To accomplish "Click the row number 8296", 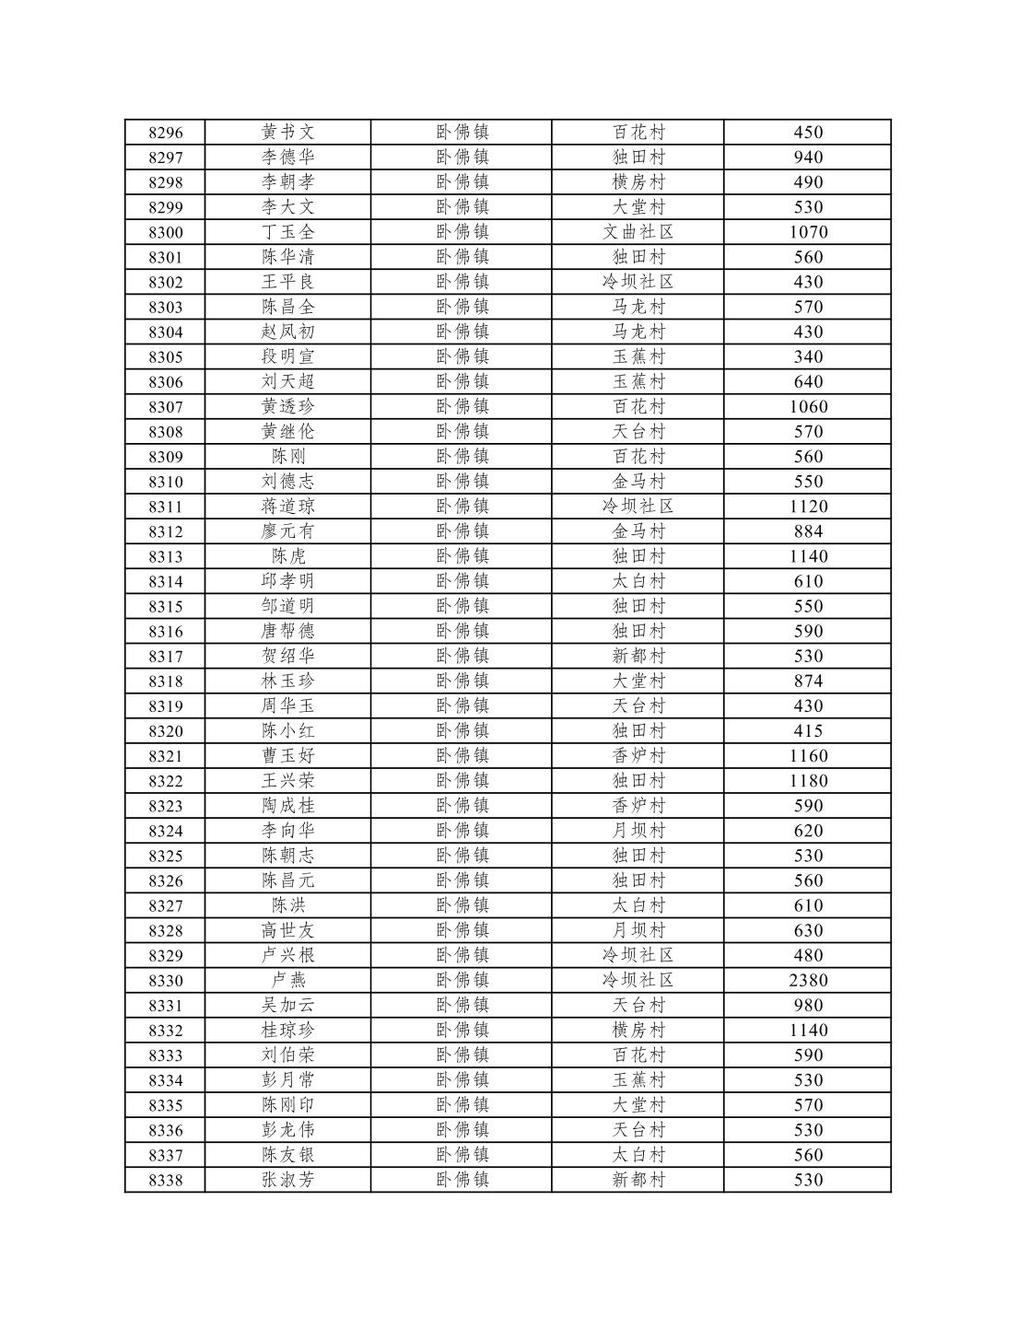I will point(166,133).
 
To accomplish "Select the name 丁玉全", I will point(287,232).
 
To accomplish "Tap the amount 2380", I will point(808,981).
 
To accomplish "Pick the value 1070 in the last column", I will point(808,232).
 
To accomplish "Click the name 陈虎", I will point(287,556).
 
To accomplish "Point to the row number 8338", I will point(166,1181).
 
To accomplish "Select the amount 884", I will point(808,531).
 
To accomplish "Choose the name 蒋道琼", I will point(287,507).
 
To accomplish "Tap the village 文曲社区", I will point(638,232).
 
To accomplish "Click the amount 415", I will point(808,731).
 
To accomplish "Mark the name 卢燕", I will point(287,981).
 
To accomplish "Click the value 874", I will point(808,682).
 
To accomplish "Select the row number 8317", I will point(166,657).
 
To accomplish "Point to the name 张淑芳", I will point(287,1181).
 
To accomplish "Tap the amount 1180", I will point(808,781).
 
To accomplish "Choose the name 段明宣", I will point(287,357).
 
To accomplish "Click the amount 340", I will point(808,357).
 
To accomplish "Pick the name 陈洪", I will point(287,906).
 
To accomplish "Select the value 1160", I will point(808,756).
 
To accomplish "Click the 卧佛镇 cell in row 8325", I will point(462,856).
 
